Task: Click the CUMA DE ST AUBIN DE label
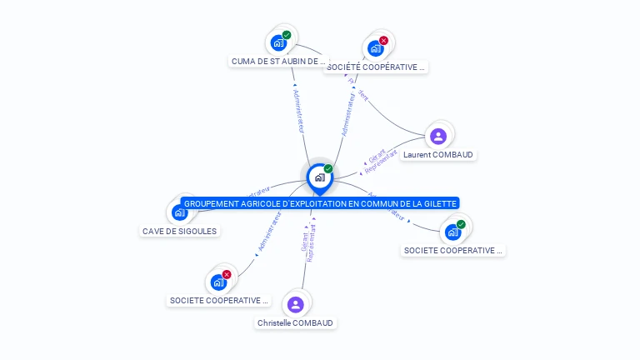tap(278, 61)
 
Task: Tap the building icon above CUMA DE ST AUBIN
tap(278, 42)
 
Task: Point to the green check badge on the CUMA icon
tap(287, 35)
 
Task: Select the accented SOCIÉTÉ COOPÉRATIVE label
tap(376, 67)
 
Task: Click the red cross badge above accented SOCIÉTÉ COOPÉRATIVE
tap(383, 40)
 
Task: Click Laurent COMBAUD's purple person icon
tap(438, 136)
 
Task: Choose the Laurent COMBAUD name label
tap(439, 154)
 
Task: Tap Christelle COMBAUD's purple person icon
tap(295, 304)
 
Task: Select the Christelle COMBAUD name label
tap(295, 322)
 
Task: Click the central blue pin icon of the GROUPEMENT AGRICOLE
tap(319, 177)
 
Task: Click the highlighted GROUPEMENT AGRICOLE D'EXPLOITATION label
tap(320, 203)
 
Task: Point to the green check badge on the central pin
tap(328, 168)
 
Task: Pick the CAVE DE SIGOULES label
tap(179, 231)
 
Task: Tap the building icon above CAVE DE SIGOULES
tap(179, 212)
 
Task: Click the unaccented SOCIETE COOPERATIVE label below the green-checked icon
tap(453, 250)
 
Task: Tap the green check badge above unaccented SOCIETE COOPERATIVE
tap(461, 223)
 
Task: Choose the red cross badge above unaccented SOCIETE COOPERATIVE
tap(226, 274)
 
